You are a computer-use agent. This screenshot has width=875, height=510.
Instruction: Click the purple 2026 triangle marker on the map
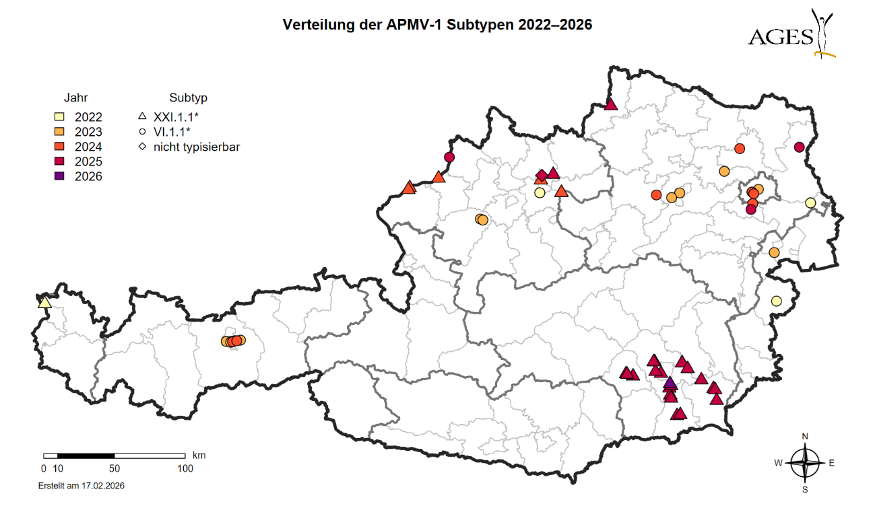pyautogui.click(x=669, y=384)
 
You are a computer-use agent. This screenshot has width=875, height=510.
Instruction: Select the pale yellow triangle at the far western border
pyautogui.click(x=44, y=302)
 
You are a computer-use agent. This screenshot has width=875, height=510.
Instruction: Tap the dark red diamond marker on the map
pyautogui.click(x=542, y=175)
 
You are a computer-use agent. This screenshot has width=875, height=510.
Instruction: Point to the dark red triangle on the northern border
pyautogui.click(x=611, y=104)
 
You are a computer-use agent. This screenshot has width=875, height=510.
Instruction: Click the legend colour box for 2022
pyautogui.click(x=59, y=117)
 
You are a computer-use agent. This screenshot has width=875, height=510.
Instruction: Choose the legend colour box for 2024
pyautogui.click(x=59, y=147)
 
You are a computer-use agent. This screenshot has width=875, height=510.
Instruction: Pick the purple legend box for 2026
pyautogui.click(x=59, y=176)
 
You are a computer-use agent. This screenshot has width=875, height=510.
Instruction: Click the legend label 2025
pyautogui.click(x=89, y=161)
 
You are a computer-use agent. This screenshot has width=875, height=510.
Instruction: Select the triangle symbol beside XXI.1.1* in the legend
pyautogui.click(x=141, y=116)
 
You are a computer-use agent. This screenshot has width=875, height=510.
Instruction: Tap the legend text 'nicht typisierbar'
pyautogui.click(x=196, y=146)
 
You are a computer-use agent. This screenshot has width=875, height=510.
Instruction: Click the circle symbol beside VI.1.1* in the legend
pyautogui.click(x=141, y=131)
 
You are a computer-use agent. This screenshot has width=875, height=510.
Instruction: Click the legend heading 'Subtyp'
pyautogui.click(x=184, y=97)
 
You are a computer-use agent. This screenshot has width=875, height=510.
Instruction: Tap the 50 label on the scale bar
pyautogui.click(x=114, y=468)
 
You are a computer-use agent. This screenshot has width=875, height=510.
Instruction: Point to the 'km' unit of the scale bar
pyautogui.click(x=199, y=456)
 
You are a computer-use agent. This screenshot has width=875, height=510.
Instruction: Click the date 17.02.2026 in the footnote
pyautogui.click(x=101, y=485)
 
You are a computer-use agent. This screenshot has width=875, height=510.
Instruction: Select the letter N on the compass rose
pyautogui.click(x=805, y=436)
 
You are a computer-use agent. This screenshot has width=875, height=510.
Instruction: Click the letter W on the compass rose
pyautogui.click(x=778, y=463)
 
